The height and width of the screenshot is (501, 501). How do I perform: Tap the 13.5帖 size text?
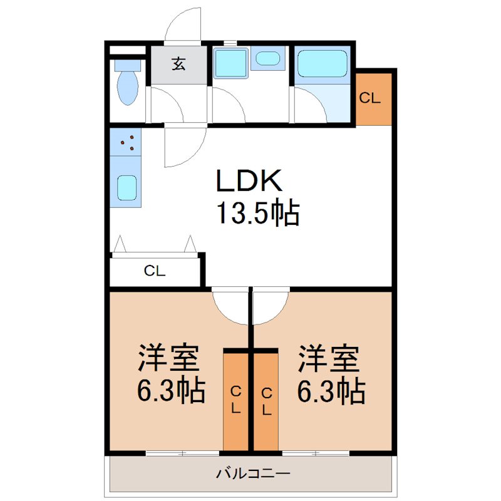[x=257, y=214]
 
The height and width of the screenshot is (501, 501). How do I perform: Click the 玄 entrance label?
[x=179, y=64]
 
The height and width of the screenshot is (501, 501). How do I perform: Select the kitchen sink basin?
[x=127, y=186]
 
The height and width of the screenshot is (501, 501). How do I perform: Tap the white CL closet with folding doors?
[x=155, y=271]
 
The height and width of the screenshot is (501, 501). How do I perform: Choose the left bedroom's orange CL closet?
[x=236, y=401]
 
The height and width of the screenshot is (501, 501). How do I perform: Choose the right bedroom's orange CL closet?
[x=266, y=401]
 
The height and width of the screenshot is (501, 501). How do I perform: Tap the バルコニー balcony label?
[x=253, y=473]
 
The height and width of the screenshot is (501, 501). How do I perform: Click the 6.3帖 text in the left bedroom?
[x=171, y=391]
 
